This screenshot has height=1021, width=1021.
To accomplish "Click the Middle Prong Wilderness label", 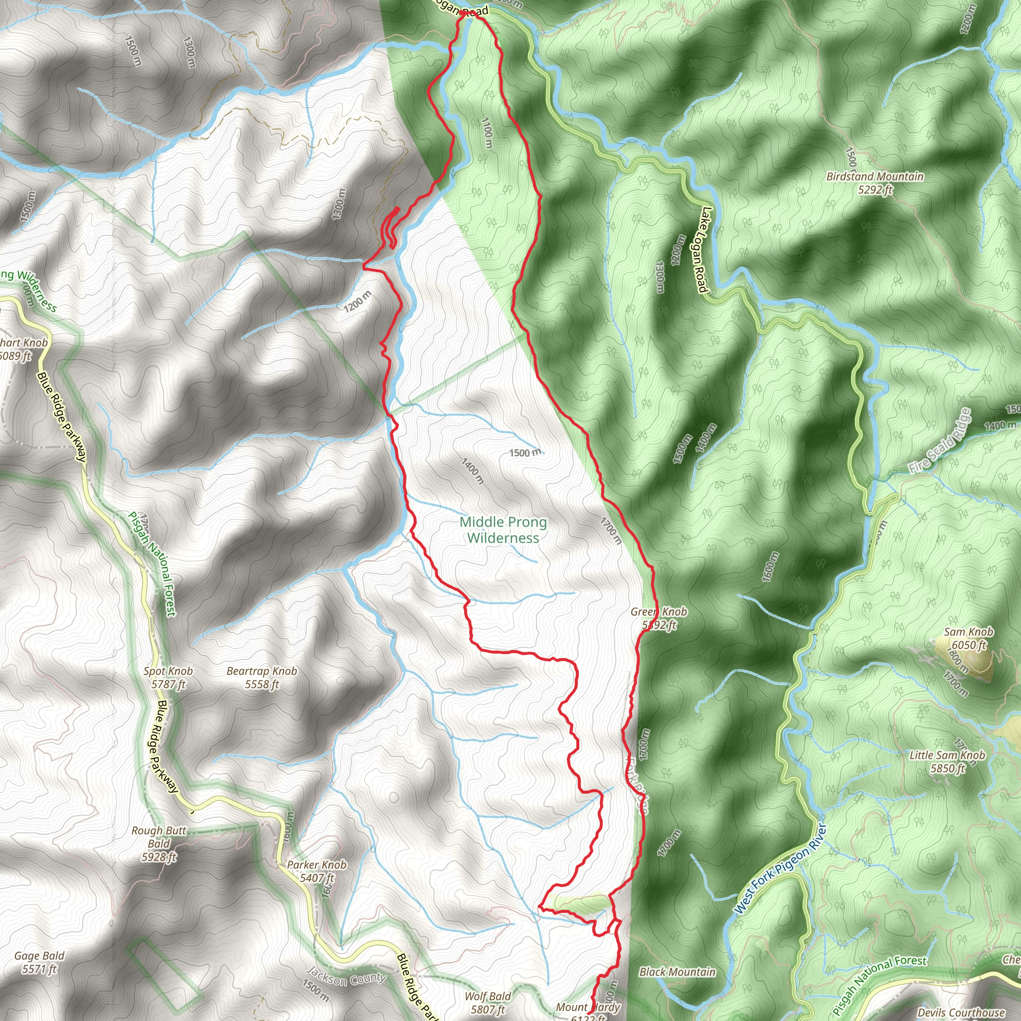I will (503, 530).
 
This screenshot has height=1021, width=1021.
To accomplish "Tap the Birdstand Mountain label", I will (874, 183).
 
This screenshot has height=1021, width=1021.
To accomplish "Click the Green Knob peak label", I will (659, 618).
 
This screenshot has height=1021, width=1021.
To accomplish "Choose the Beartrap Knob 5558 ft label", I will (262, 678).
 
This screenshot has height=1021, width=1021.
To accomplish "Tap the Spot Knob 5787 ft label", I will (168, 678).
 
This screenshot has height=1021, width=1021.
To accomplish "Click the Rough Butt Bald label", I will (159, 844).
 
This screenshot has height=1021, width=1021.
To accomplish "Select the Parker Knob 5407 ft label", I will (317, 871).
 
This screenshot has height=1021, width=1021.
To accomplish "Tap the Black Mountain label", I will (677, 972).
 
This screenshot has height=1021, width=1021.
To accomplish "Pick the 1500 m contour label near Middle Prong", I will (525, 453).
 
